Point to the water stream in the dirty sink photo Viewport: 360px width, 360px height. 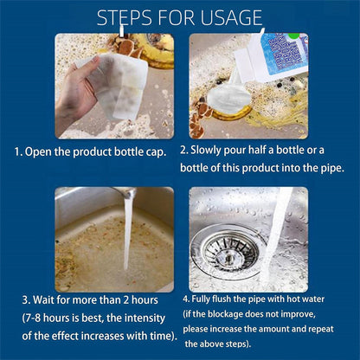point(129,229)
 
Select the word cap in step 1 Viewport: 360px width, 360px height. point(161,151)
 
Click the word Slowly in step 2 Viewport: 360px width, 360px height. point(212,150)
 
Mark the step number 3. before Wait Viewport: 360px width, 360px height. point(27,300)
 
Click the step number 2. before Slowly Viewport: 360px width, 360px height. point(184,150)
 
